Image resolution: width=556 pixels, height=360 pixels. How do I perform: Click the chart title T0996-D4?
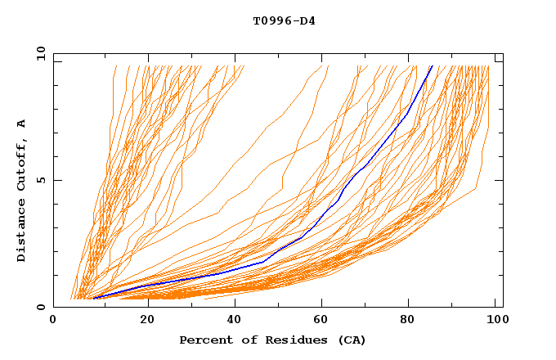tap(284, 20)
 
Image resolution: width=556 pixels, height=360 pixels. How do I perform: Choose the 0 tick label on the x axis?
tap(53, 320)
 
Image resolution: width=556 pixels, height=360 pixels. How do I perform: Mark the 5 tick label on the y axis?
tap(41, 180)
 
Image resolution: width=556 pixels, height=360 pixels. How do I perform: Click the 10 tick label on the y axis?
tap(38, 53)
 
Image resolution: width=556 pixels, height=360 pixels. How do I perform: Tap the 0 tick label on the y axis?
tap(41, 307)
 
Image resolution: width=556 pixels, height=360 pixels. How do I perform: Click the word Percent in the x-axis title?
tap(204, 340)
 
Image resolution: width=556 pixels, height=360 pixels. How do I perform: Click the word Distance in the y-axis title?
tap(21, 232)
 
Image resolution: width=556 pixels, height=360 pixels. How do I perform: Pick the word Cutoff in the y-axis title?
tap(21, 162)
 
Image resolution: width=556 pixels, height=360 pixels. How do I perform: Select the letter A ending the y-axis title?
tap(21, 124)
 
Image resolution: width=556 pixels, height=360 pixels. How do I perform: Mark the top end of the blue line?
tap(432, 65)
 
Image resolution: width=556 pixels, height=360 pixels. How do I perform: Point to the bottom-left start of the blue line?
tap(95, 298)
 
